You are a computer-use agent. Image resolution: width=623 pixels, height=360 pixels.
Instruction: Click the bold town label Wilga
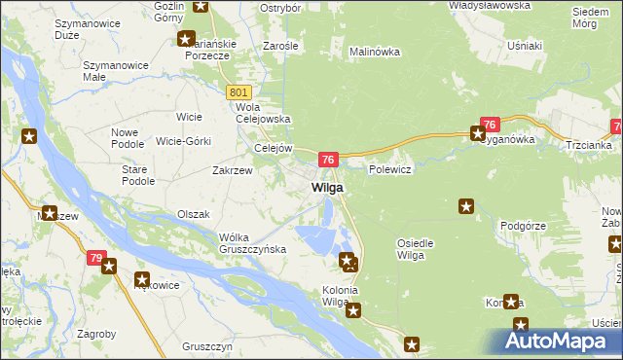coord(326,188)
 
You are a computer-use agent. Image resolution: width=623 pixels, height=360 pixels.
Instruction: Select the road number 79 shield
coord(94,258)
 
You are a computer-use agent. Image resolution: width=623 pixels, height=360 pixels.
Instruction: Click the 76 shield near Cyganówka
coord(490,125)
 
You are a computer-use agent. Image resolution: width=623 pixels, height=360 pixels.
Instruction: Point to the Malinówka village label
coord(375,52)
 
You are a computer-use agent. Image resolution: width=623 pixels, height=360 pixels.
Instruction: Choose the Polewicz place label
coord(390,169)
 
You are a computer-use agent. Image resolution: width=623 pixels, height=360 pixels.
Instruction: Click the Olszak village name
coord(193,213)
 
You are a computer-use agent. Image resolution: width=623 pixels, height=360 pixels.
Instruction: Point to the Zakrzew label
coord(233,168)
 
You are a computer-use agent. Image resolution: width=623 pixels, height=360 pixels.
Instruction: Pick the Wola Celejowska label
coord(259,114)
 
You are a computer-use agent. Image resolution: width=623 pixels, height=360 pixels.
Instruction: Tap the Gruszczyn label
coord(206,346)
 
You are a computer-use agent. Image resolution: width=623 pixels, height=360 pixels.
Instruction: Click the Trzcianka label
coord(587,145)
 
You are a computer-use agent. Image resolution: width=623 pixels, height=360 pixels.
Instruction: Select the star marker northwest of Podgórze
coord(466,205)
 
